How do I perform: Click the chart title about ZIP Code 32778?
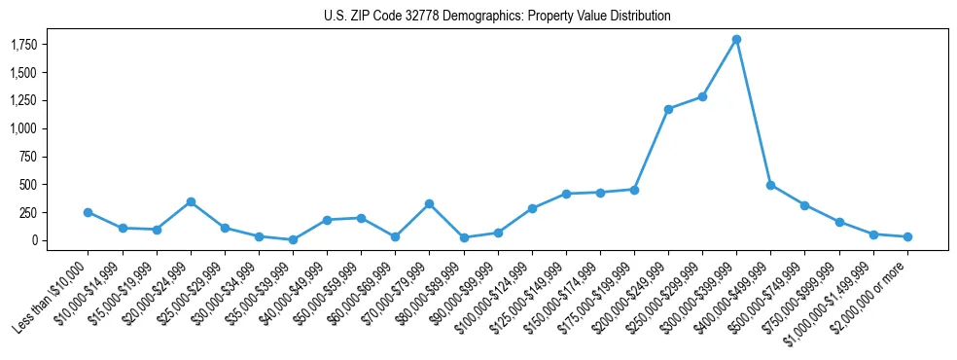[x=497, y=17]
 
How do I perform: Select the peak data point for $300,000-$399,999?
[x=736, y=40]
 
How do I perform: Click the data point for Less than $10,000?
[x=89, y=212]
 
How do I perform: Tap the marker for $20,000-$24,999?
[x=191, y=201]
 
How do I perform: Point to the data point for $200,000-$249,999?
[x=668, y=109]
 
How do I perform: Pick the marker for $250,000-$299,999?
[x=702, y=96]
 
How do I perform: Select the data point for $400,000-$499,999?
[x=770, y=185]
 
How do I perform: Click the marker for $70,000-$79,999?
[x=429, y=203]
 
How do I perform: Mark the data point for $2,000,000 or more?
[x=906, y=236]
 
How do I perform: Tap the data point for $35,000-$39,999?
[x=293, y=239]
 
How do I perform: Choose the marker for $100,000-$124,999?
[x=532, y=208]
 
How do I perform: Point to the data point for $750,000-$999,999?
[x=838, y=222]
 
